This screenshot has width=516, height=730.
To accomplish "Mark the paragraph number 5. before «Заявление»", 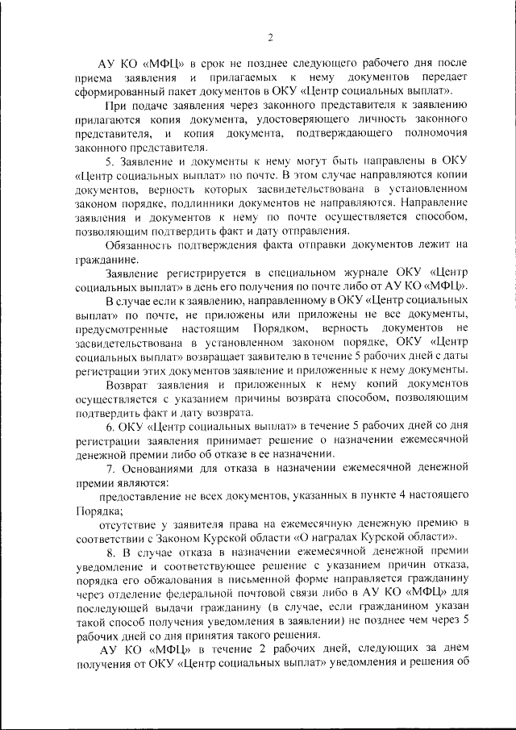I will (110, 161).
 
